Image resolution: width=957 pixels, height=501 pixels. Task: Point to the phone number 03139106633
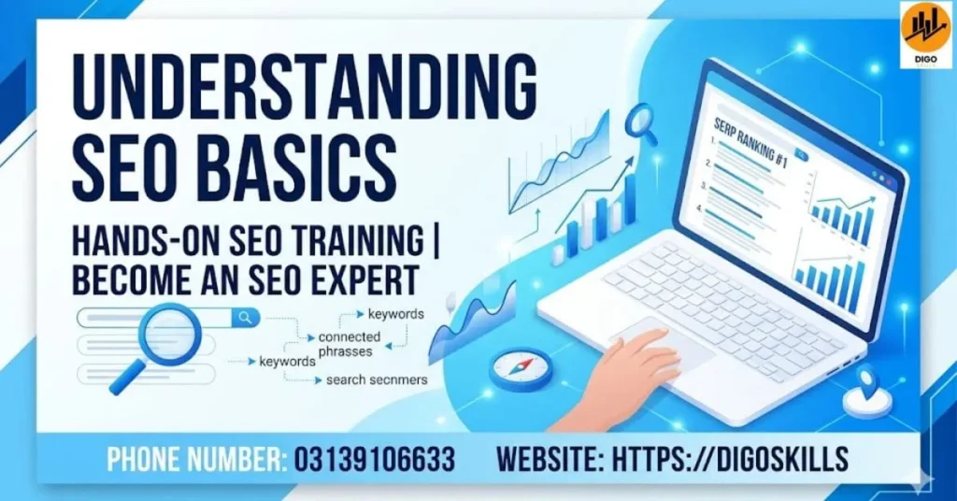(375, 459)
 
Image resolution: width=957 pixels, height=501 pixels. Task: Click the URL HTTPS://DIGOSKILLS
(730, 459)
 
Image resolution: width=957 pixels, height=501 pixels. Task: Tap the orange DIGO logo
(925, 31)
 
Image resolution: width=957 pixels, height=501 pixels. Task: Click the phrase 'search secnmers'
(377, 380)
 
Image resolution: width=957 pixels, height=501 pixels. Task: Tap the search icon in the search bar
(246, 318)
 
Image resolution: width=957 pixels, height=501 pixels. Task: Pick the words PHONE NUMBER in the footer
(195, 459)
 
